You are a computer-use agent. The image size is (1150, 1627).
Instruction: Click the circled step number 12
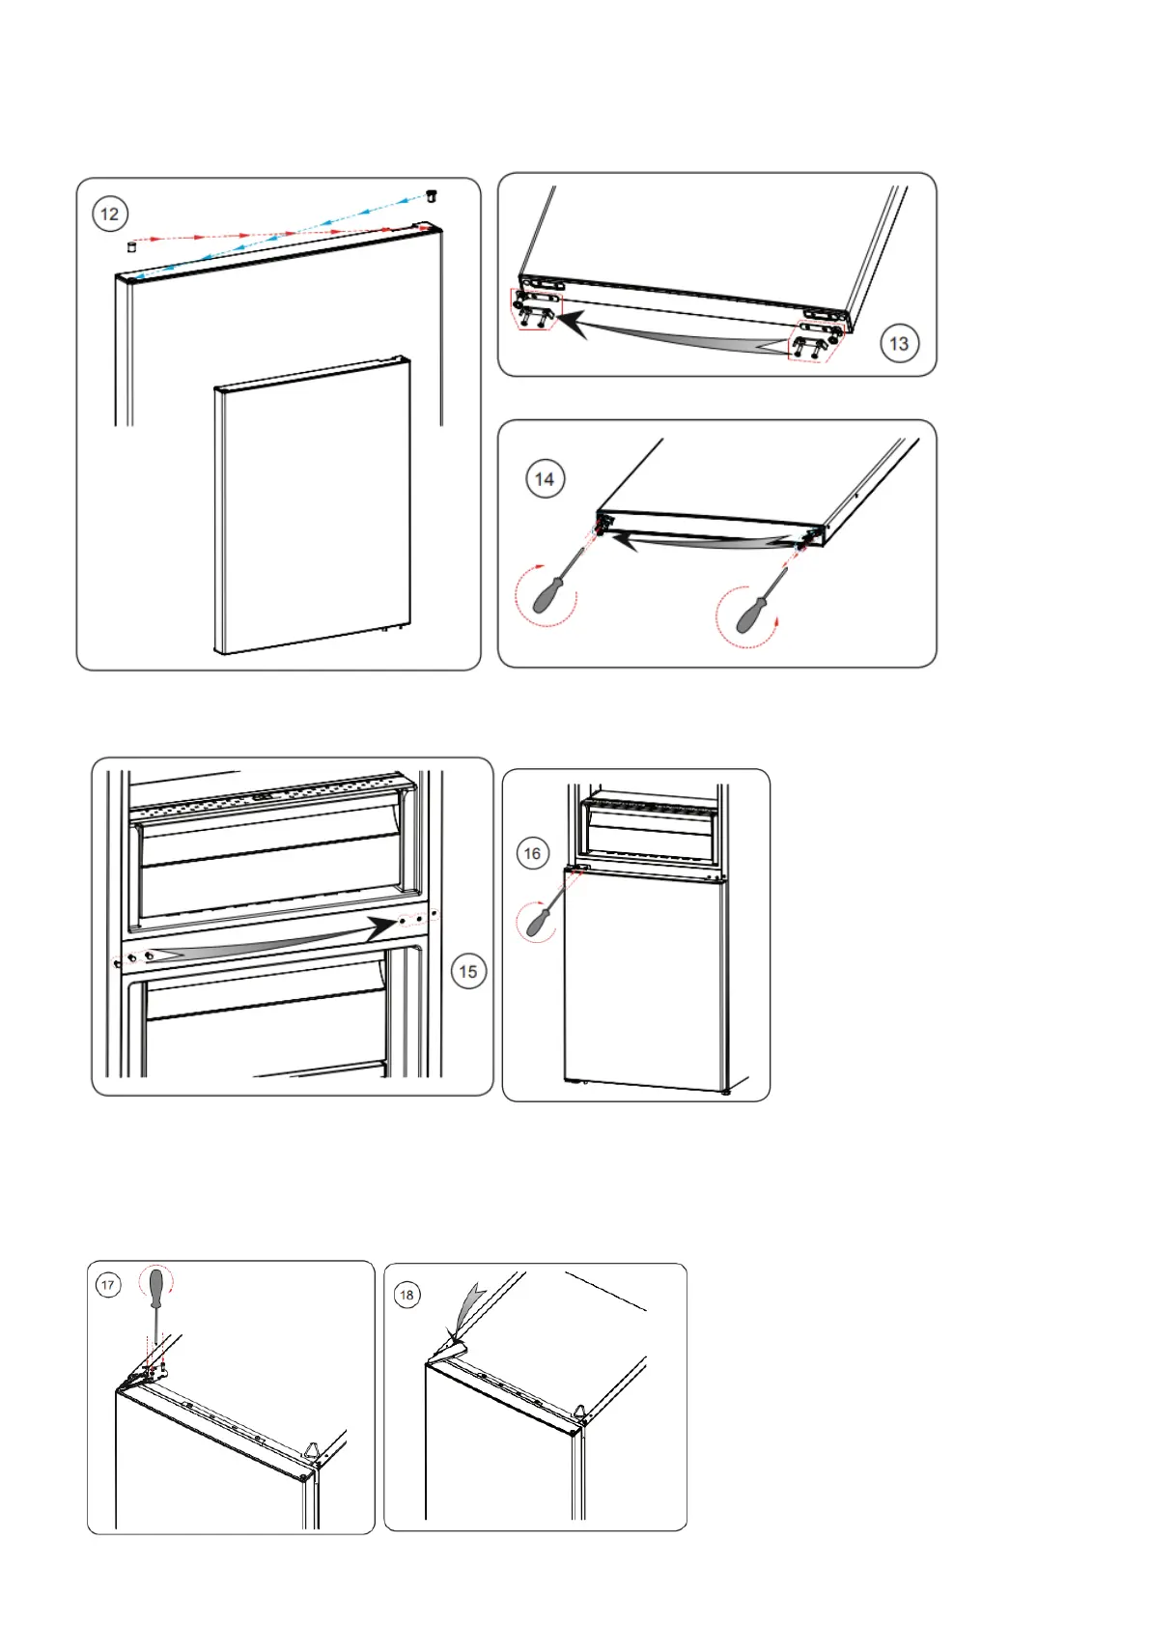coord(110,214)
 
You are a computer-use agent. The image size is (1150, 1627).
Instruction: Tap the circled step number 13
coord(898,343)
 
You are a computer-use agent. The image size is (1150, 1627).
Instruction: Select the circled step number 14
coord(545,479)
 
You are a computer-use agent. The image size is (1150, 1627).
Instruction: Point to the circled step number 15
coord(468,971)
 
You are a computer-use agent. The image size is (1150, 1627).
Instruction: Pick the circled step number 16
coord(532,853)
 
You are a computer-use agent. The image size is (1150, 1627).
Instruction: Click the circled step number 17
coord(108,1285)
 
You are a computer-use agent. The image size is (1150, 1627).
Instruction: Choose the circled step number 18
coord(407,1295)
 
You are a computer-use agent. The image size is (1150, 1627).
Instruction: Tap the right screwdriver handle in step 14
coord(751,614)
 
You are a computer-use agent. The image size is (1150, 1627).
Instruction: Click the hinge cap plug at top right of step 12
coord(432,196)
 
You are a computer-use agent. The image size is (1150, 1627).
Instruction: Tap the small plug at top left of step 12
coord(132,246)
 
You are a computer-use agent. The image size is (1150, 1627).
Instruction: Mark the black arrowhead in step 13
coord(573,325)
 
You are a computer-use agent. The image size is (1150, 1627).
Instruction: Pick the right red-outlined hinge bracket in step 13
coord(814,340)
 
